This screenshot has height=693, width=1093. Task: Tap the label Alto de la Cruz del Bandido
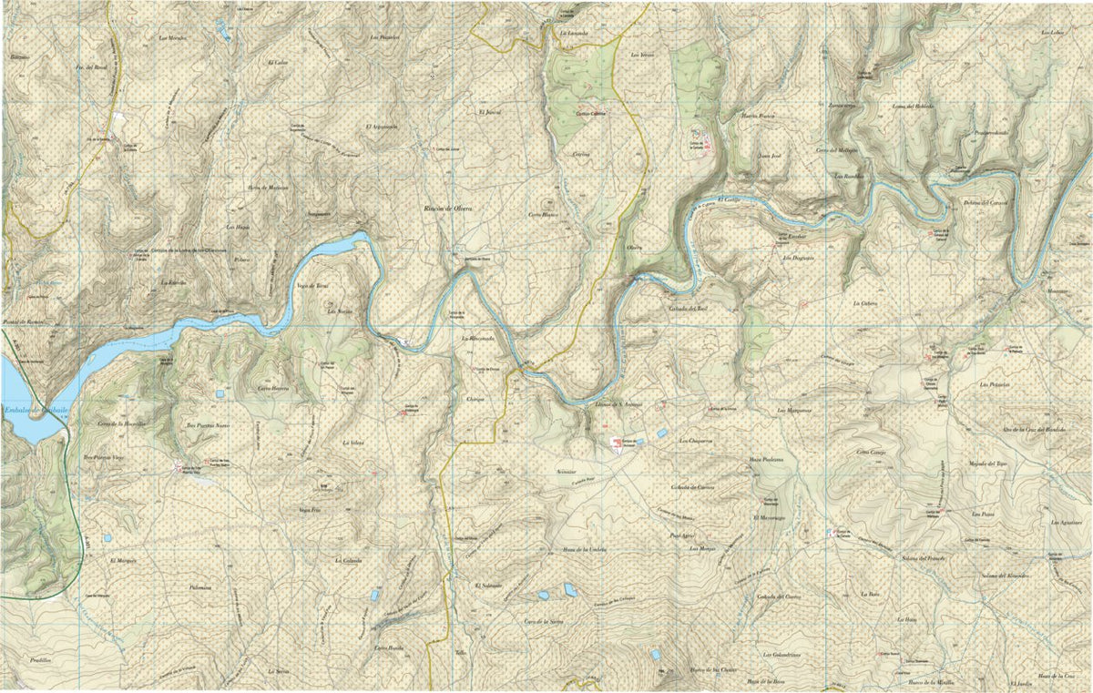[1033, 429]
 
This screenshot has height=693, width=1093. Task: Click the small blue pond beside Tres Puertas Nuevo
[220, 394]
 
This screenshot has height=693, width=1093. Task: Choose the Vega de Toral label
[312, 286]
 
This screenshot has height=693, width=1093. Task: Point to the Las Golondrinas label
[781, 655]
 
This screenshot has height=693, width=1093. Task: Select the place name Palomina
[199, 587]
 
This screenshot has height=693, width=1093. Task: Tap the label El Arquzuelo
[381, 127]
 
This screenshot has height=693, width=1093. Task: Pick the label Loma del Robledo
[913, 107]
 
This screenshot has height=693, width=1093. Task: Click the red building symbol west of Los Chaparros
[619, 443]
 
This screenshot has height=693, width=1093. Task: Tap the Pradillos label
[41, 658]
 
